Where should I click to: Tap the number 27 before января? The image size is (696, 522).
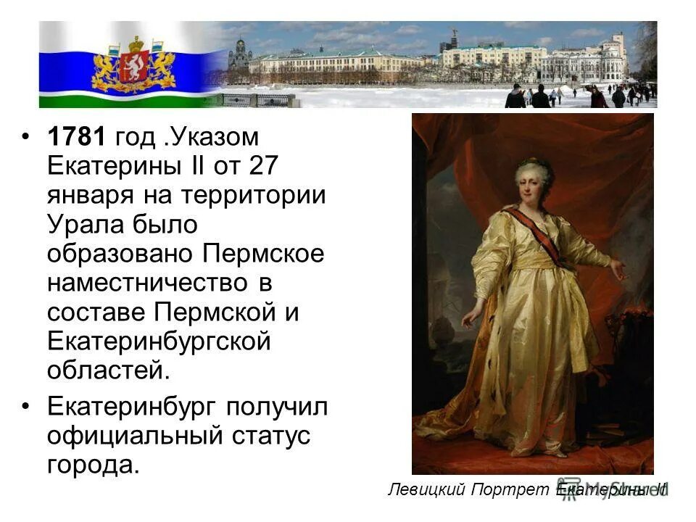pyautogui.click(x=262, y=166)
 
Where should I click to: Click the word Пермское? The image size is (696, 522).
pyautogui.click(x=263, y=254)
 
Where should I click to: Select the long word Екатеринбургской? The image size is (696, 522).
pyautogui.click(x=159, y=342)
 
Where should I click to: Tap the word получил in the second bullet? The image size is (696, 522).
pyautogui.click(x=278, y=407)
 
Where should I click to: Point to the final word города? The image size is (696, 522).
pyautogui.click(x=92, y=465)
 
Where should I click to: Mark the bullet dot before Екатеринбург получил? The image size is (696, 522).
pyautogui.click(x=28, y=407)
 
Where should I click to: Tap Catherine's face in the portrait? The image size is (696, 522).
pyautogui.click(x=534, y=181)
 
